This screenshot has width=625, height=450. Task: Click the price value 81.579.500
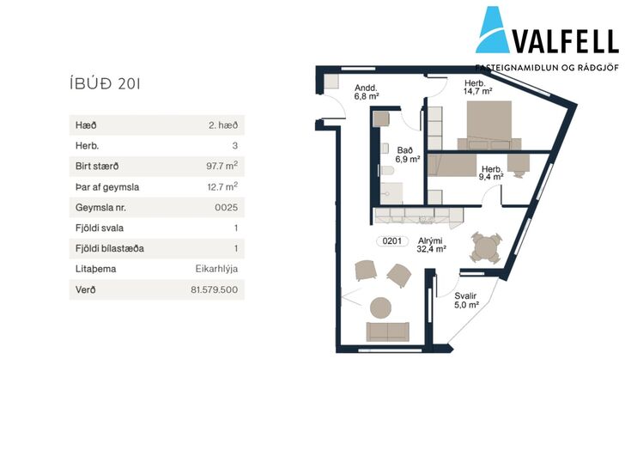214,289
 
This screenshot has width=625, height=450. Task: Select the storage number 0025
226,207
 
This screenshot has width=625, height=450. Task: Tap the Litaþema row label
95,269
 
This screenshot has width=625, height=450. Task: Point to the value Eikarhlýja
216,269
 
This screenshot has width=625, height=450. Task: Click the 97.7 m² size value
222,166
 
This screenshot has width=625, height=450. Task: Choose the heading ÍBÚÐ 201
105,83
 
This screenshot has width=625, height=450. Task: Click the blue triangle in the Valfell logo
493,30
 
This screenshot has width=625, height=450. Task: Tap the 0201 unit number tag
391,240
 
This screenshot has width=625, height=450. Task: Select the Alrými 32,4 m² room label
431,245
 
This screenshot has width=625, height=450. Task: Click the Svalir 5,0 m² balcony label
466,300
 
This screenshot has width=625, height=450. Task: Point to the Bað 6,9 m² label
407,155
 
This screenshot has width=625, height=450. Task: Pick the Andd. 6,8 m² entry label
366,92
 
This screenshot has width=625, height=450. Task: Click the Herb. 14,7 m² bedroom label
477,88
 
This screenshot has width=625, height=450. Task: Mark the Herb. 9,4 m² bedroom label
491,173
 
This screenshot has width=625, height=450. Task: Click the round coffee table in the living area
380,307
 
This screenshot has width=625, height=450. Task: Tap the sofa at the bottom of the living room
387,331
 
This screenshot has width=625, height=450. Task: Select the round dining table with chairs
486,248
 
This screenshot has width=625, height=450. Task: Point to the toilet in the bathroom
386,171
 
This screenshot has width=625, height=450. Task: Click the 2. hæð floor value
223,125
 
